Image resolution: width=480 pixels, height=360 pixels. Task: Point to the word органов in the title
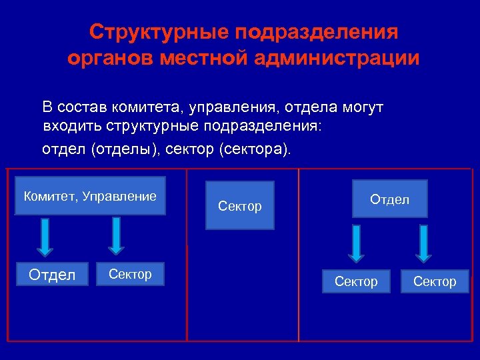tap(110, 58)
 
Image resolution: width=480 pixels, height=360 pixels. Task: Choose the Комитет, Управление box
tap(90, 196)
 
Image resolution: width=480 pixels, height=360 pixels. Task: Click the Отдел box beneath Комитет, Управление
tap(52, 275)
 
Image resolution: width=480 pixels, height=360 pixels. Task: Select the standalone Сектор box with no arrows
tap(240, 206)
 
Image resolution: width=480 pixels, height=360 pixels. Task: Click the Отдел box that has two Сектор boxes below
tap(390, 199)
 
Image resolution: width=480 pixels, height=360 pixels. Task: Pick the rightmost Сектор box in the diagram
tap(435, 281)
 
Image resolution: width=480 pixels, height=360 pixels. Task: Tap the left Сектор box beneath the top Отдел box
tap(356, 281)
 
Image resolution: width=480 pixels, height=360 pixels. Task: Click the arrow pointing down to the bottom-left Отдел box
tap(45, 236)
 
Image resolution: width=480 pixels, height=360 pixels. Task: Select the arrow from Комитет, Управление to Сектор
tap(117, 235)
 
